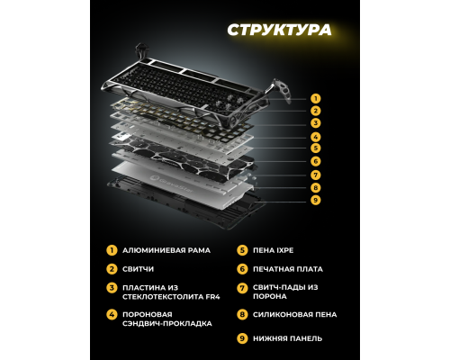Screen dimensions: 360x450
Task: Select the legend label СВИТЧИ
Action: coord(135,268)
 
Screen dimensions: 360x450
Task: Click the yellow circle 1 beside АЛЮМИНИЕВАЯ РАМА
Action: coord(112,249)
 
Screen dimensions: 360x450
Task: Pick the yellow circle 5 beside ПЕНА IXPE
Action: coord(241,249)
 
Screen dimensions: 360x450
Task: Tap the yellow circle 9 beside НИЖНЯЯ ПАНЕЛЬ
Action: coord(241,338)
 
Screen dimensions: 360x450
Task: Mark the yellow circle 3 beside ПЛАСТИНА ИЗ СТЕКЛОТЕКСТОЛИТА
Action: coord(112,287)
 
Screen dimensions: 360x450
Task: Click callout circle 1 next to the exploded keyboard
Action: coord(315,96)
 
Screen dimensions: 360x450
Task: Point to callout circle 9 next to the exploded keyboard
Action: coord(315,200)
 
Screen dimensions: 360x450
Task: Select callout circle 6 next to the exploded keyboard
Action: coord(315,161)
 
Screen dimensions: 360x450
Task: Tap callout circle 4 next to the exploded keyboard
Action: coord(315,136)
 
